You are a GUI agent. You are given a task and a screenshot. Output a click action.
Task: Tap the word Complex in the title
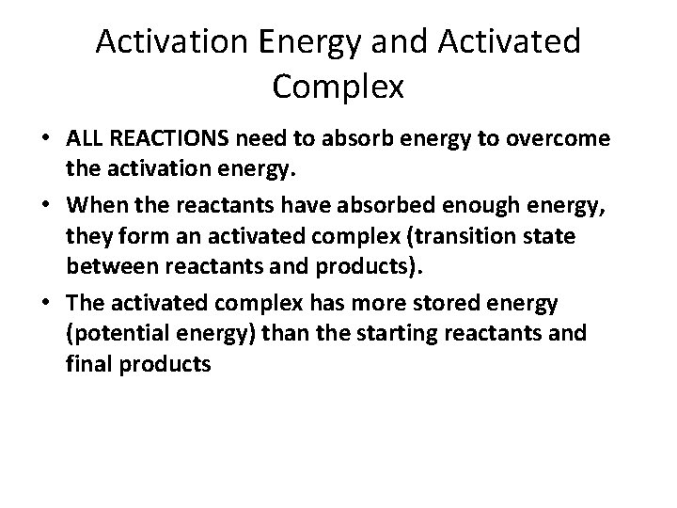click(x=338, y=87)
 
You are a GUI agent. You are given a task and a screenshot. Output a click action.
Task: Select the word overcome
click(x=562, y=139)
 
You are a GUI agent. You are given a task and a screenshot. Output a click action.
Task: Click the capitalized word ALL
click(x=87, y=138)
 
